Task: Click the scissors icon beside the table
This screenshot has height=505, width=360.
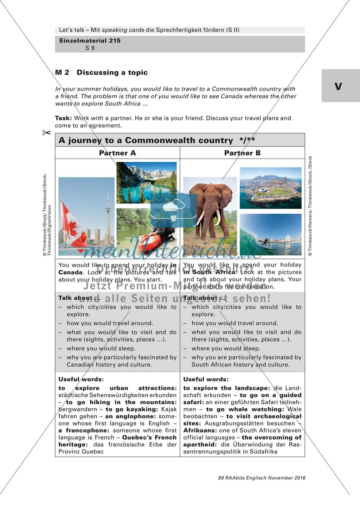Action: click(46, 133)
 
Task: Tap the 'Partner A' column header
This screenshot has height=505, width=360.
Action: click(117, 153)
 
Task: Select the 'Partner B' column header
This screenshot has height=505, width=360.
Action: click(242, 153)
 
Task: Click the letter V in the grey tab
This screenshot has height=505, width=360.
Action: click(338, 86)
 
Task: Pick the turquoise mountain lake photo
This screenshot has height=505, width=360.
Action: click(146, 183)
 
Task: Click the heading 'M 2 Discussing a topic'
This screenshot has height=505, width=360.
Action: click(101, 73)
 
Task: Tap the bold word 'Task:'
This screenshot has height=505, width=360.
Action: click(64, 118)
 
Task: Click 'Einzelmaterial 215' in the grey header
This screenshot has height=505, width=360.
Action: click(90, 41)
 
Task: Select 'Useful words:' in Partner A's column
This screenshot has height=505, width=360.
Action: click(81, 379)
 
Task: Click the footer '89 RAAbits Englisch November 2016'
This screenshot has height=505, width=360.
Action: click(262, 478)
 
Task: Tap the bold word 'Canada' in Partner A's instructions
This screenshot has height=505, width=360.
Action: click(70, 272)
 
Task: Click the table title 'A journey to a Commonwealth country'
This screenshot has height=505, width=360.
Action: click(146, 141)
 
